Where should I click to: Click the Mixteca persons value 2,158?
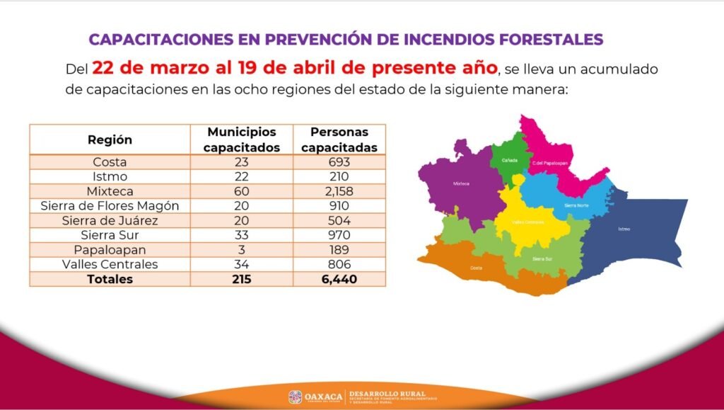coord(339,191)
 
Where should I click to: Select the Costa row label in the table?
coord(110,161)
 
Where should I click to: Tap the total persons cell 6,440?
coord(339,279)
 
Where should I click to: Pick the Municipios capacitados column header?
coord(242,139)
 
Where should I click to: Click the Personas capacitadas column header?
coord(339,139)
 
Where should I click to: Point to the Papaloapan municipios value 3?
coord(242,249)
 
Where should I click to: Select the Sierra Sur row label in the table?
coord(110,235)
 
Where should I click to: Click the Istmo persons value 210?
coord(339,176)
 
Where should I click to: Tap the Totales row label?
coord(110,279)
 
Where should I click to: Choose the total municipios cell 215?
coord(242,279)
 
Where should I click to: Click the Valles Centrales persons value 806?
coord(339,264)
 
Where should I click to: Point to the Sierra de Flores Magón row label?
coord(110,206)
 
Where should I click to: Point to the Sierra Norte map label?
coord(576,205)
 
